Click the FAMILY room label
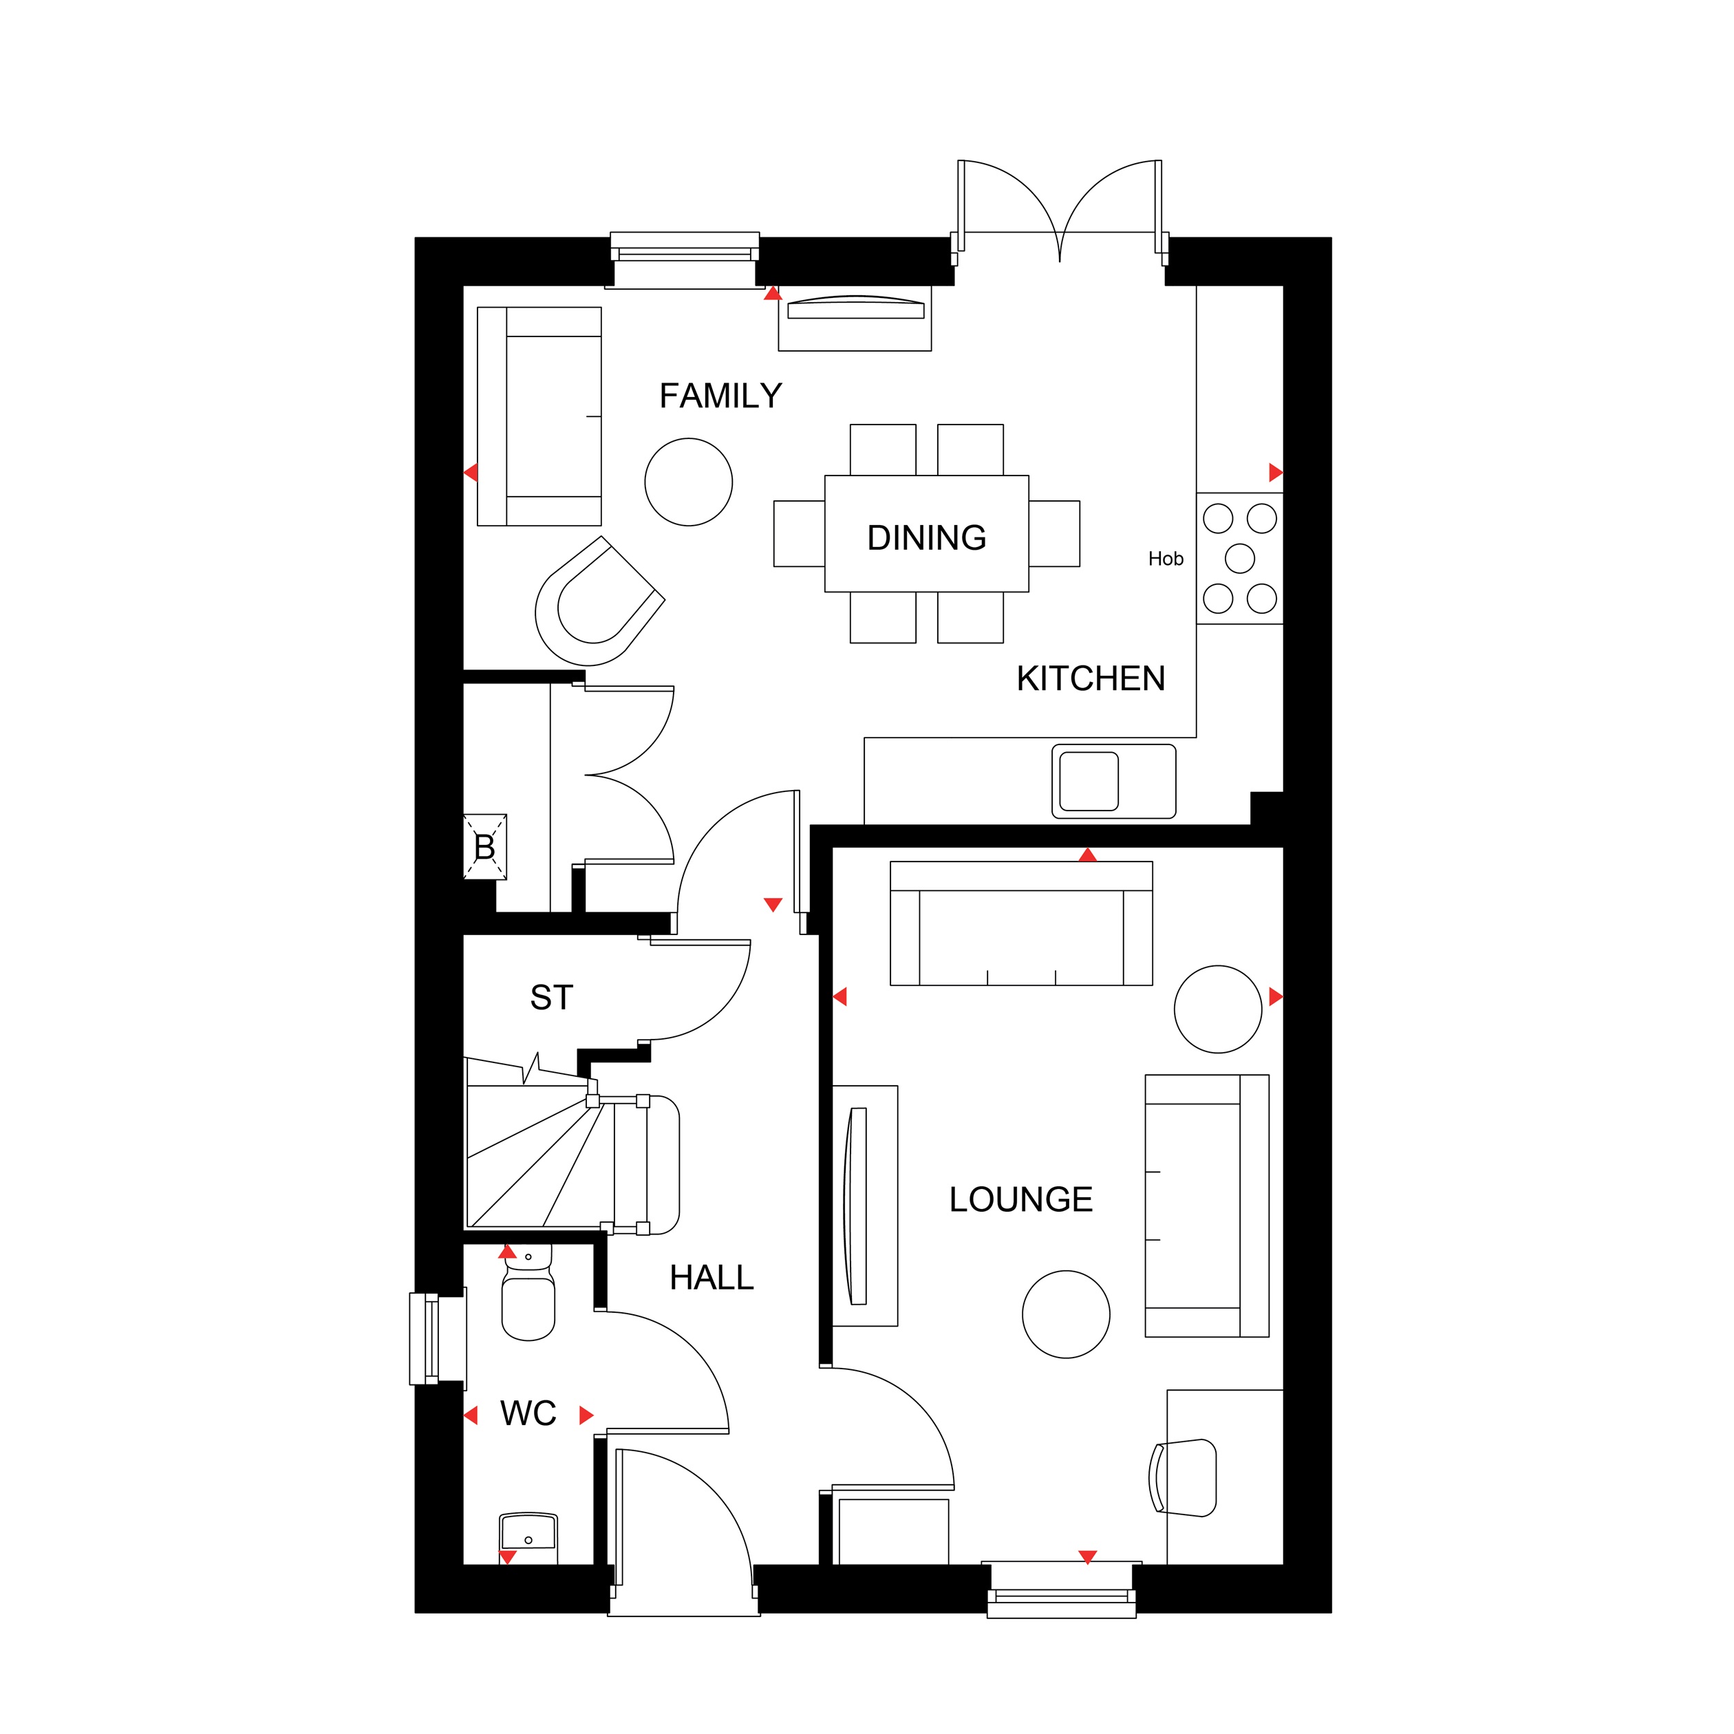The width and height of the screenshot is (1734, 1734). click(x=720, y=396)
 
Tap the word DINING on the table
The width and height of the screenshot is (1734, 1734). click(x=926, y=537)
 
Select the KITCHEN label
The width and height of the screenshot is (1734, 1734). click(x=1091, y=678)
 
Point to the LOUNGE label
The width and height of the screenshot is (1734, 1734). click(x=1020, y=1199)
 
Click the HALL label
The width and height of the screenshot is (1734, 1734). click(x=711, y=1277)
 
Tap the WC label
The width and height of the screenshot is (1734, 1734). click(x=528, y=1413)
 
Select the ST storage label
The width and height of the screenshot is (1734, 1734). click(x=551, y=997)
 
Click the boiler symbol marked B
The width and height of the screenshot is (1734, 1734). click(x=484, y=846)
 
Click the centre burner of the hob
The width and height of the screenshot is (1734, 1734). click(x=1239, y=558)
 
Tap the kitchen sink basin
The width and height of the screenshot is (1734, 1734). click(x=1089, y=781)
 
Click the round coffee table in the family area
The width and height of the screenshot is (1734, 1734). click(x=688, y=482)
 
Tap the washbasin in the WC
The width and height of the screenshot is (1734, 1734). click(x=528, y=1536)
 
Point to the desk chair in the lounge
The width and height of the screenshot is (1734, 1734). click(x=1182, y=1477)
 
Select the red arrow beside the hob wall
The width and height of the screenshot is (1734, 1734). click(x=1275, y=472)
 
